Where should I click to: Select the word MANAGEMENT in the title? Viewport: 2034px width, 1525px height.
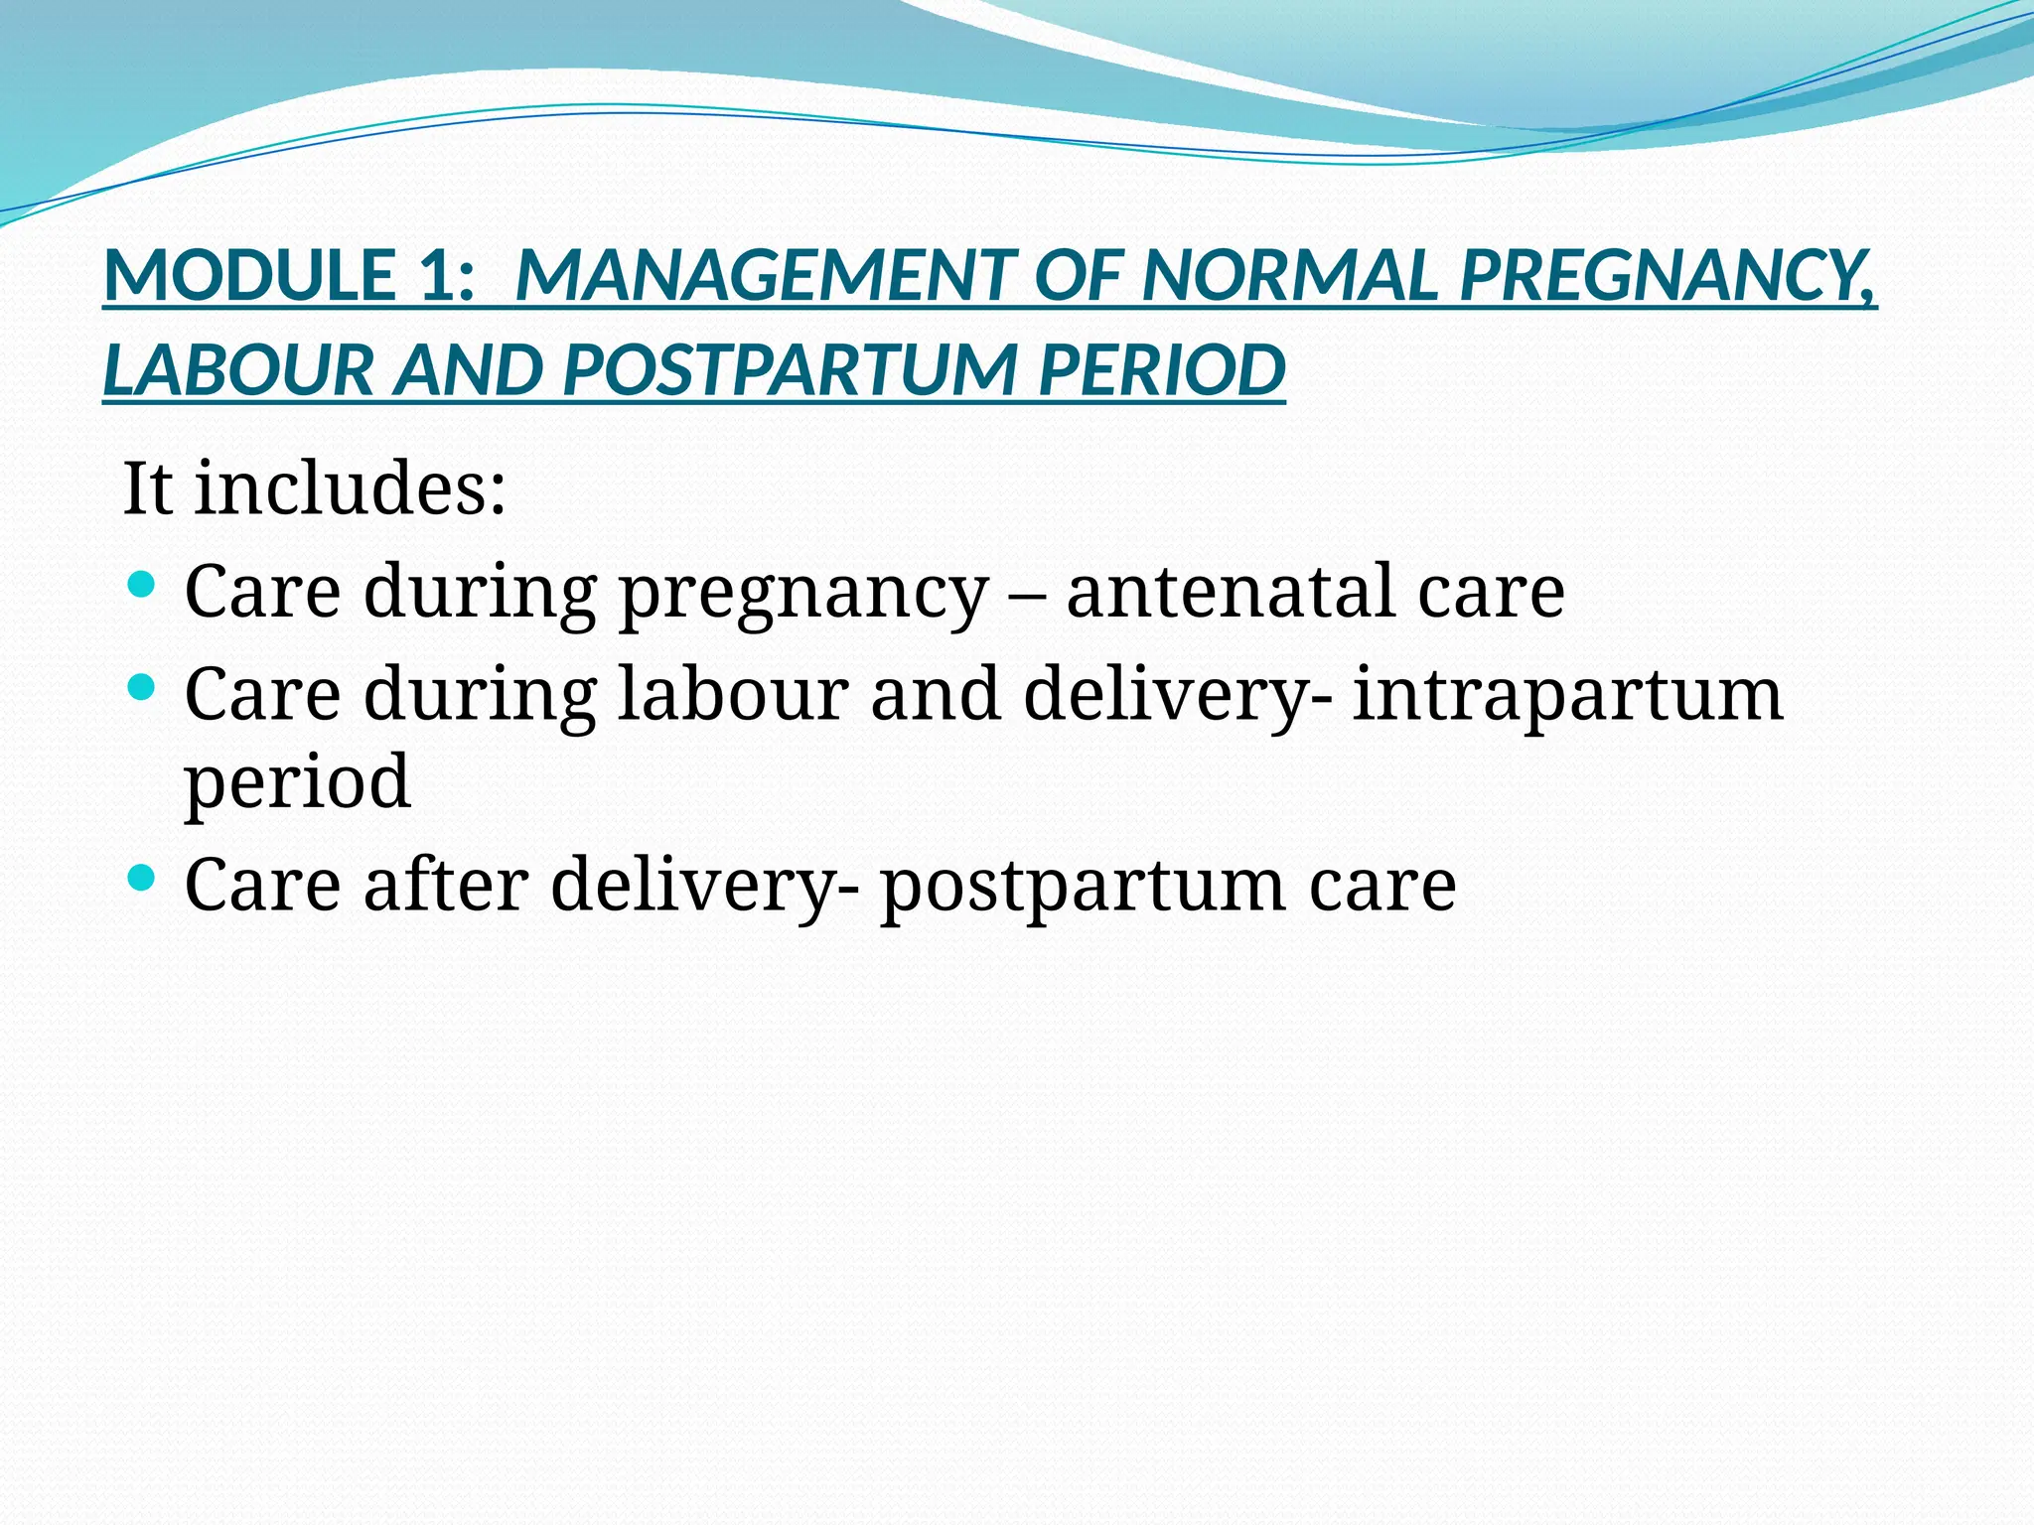pyautogui.click(x=765, y=276)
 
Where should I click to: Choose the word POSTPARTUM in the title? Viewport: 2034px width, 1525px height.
pyautogui.click(x=789, y=370)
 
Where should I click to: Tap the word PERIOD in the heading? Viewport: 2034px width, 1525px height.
pyautogui.click(x=1161, y=370)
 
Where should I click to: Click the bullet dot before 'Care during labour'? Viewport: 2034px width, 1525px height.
pyautogui.click(x=143, y=686)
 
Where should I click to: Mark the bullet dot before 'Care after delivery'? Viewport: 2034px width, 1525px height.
pyautogui.click(x=143, y=878)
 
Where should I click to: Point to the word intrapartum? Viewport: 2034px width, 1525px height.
pyautogui.click(x=1568, y=694)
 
